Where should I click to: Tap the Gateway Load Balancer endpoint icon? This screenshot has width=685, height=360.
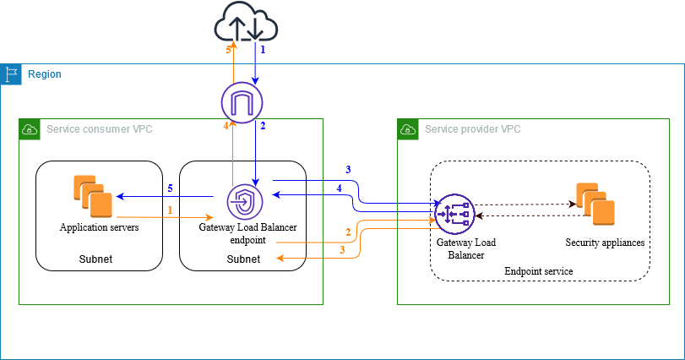[244, 203]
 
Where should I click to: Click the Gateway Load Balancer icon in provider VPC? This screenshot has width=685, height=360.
[454, 215]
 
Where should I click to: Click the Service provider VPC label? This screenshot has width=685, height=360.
[472, 129]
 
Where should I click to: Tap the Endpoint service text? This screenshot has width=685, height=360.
[538, 270]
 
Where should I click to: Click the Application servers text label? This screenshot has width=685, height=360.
[99, 227]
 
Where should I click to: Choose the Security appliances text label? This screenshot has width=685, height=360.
[605, 243]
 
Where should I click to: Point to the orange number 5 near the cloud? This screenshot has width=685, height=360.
[227, 51]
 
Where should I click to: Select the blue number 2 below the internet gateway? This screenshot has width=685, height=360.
[263, 127]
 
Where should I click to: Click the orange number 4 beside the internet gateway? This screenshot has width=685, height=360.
[226, 127]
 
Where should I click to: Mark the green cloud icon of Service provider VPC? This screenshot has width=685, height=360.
[407, 129]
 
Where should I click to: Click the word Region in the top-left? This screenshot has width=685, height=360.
[44, 74]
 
